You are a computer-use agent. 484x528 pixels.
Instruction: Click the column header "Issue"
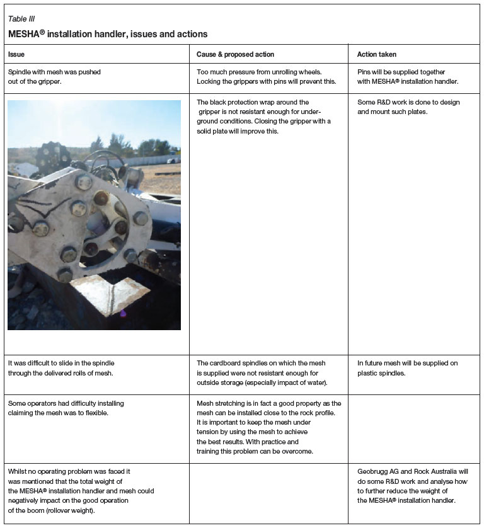click(16, 54)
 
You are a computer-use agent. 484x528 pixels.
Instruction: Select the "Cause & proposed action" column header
click(235, 54)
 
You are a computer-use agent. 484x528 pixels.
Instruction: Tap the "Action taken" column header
click(377, 54)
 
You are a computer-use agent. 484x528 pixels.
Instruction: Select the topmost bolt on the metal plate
click(84, 183)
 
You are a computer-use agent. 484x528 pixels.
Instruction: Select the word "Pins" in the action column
click(365, 72)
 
